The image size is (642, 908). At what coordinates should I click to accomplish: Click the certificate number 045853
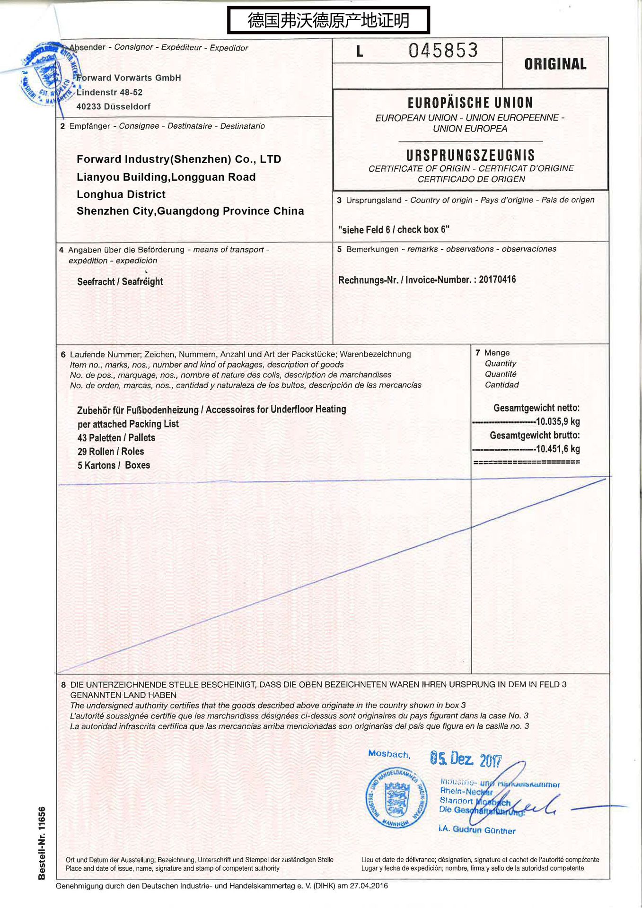(x=443, y=51)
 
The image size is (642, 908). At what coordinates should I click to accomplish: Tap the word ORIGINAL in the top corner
(x=555, y=64)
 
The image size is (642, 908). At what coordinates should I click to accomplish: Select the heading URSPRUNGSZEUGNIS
(x=470, y=155)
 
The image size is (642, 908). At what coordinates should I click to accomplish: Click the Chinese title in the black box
(x=328, y=20)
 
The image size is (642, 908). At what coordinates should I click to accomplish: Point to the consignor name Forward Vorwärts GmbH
(x=129, y=78)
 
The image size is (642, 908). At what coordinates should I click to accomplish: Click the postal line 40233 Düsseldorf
(x=114, y=107)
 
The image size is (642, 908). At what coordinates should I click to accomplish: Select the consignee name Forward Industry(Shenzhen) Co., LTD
(x=179, y=159)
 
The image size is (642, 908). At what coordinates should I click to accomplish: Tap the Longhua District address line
(x=121, y=194)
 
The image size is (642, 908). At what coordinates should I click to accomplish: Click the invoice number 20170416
(x=497, y=279)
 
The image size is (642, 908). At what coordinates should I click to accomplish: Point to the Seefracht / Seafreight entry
(x=120, y=282)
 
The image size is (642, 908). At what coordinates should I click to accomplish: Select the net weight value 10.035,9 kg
(x=557, y=422)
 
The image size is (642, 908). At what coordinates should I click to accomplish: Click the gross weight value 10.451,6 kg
(x=557, y=449)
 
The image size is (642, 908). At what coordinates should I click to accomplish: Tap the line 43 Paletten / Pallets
(x=116, y=438)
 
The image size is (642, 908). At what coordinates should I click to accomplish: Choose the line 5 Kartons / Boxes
(x=114, y=465)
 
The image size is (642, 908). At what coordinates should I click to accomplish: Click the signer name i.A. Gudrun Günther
(x=477, y=829)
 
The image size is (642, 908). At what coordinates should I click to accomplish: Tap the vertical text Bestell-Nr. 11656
(x=42, y=843)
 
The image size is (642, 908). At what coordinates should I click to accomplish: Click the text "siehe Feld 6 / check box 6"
(x=394, y=230)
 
